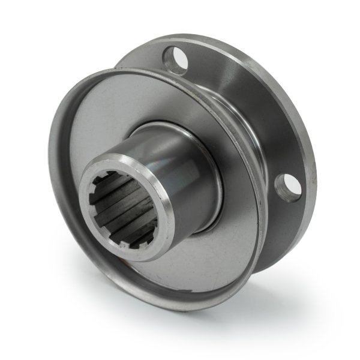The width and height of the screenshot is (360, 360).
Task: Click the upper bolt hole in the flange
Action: click(175, 60)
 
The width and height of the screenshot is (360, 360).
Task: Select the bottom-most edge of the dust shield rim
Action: click(174, 307)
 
